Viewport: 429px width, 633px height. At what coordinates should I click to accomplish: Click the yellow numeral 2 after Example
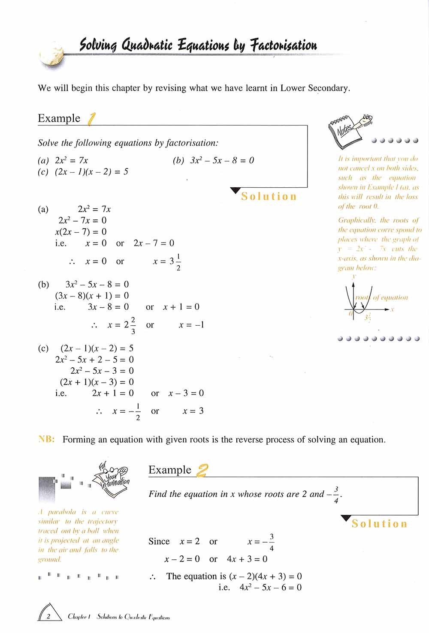tap(202, 470)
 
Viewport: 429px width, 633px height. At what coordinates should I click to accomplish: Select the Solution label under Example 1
tap(269, 196)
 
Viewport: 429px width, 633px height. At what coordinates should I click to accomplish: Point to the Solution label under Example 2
tap(379, 524)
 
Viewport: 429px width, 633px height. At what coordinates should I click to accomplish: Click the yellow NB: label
tap(47, 439)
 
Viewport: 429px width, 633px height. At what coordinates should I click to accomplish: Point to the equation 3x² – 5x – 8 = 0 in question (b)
tap(222, 160)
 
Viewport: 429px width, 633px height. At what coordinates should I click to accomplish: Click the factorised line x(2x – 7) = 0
tap(81, 232)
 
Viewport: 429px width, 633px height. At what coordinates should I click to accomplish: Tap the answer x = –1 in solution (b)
tap(191, 325)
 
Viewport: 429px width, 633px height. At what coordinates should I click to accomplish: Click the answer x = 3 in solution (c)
tap(193, 411)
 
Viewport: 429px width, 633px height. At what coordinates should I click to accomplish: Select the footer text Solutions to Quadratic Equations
tap(133, 617)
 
